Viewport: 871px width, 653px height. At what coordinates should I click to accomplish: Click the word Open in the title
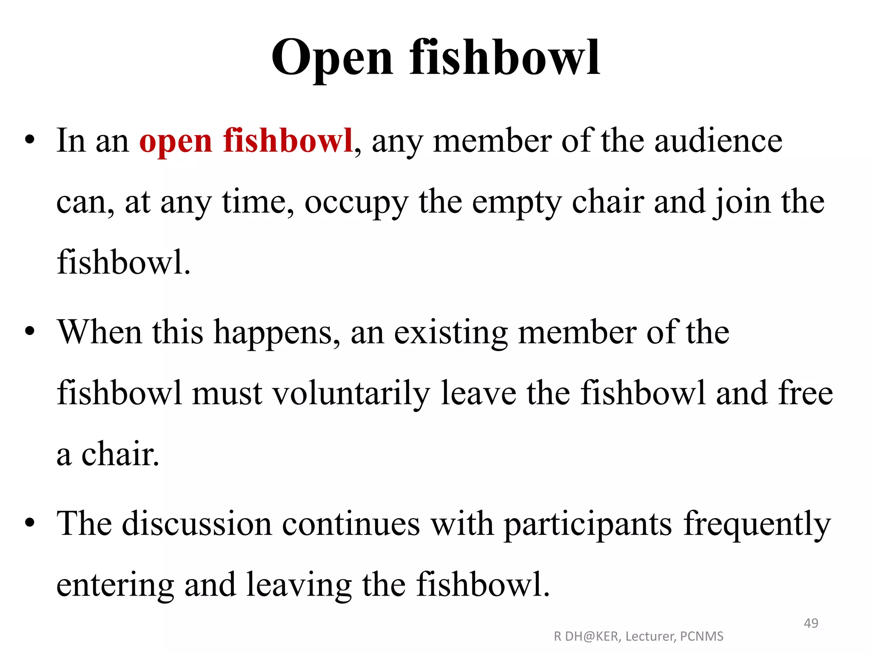coord(332,59)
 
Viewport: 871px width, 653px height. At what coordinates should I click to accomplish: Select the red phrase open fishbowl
coord(246,141)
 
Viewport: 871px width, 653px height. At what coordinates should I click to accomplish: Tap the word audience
coord(718,141)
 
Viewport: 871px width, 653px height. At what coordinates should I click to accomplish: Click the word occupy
coord(356,202)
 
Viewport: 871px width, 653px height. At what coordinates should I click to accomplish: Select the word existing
coord(451,332)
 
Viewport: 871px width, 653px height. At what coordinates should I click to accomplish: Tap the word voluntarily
coord(351,393)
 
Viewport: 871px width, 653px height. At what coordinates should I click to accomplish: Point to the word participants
coord(588,524)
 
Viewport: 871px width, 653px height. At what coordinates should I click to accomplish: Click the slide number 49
coord(811,623)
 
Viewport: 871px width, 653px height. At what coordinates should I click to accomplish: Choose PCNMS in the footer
coord(702,636)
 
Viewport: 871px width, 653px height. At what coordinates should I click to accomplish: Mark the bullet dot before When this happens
coord(29,331)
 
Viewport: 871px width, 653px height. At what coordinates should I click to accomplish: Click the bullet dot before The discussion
coord(29,522)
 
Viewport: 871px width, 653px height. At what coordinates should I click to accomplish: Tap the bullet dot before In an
coord(29,140)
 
